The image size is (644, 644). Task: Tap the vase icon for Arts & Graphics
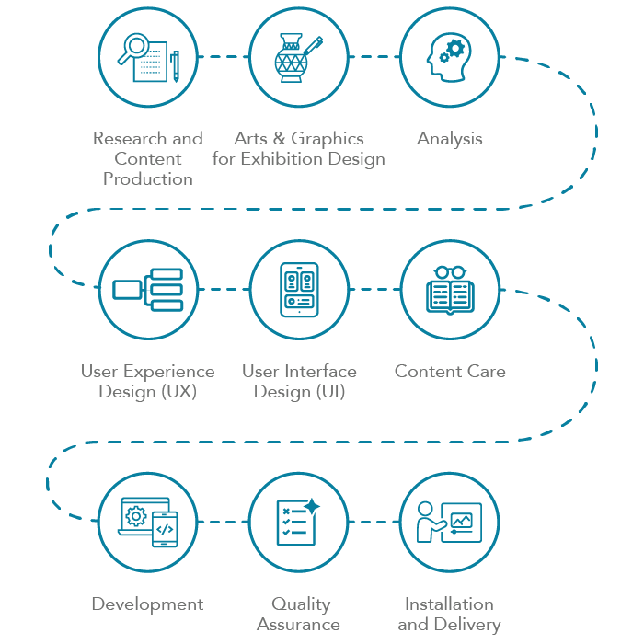(x=295, y=59)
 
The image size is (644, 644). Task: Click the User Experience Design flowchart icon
(x=148, y=290)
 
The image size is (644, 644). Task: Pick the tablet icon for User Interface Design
(x=299, y=290)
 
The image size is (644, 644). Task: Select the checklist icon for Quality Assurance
(x=298, y=523)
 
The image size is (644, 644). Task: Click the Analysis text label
(x=449, y=139)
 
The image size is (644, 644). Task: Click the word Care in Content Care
(x=485, y=372)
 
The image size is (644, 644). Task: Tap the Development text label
(x=147, y=604)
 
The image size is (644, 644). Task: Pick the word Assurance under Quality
(x=298, y=625)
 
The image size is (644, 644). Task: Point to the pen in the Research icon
(x=174, y=65)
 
